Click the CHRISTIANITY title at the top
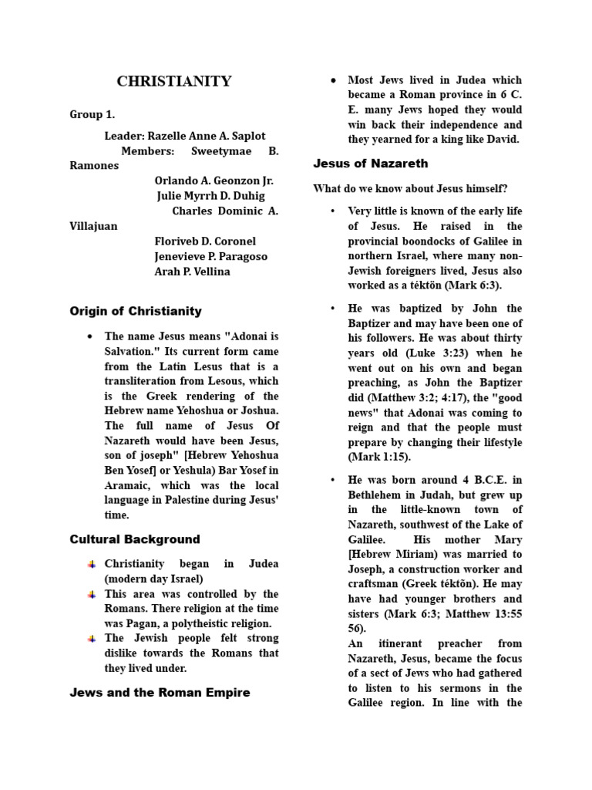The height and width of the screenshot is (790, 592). click(x=173, y=82)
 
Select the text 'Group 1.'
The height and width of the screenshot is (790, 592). click(x=92, y=114)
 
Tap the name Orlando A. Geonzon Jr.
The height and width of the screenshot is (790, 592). click(x=214, y=181)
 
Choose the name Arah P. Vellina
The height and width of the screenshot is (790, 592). click(x=192, y=272)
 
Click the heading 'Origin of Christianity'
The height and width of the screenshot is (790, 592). click(x=136, y=311)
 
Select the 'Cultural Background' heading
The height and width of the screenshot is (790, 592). click(x=135, y=539)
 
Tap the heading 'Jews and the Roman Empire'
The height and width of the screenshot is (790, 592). click(x=160, y=692)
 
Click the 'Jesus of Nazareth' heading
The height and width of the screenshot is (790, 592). click(x=370, y=164)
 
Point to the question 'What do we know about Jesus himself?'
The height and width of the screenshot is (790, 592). click(x=410, y=188)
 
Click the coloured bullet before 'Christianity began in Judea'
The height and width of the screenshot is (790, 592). click(x=92, y=565)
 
